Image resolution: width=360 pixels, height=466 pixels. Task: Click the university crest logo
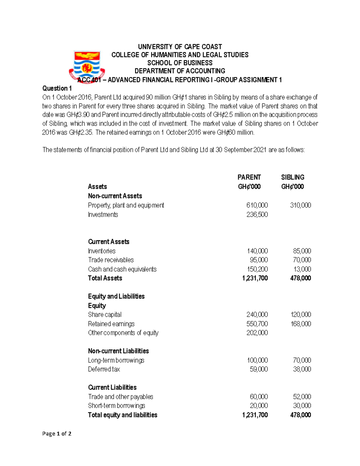coord(87,67)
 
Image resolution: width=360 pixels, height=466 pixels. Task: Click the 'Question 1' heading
coord(57,88)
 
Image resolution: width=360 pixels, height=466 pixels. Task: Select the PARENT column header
coord(249,177)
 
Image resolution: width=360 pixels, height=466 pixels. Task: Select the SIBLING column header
coord(292,177)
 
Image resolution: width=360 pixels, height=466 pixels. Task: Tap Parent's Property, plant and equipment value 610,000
coord(257,205)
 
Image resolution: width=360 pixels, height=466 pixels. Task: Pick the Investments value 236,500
coord(257,215)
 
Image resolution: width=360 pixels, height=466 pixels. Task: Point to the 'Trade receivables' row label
coord(111,260)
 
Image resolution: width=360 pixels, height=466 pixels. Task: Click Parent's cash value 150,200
coord(257,269)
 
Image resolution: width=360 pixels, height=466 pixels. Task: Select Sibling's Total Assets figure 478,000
coord(301,278)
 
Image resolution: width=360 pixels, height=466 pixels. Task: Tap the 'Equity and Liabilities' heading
coord(116,296)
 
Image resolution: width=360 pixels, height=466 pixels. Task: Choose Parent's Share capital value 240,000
coord(257,314)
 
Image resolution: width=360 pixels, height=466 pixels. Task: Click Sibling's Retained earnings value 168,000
coord(301,324)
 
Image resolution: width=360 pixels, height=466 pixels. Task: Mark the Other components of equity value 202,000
coord(257,333)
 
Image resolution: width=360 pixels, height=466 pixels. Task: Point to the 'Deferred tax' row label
coord(104,369)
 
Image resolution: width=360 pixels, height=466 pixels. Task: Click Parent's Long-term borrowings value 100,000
coord(257,360)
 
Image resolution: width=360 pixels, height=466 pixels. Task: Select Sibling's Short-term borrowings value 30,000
coord(302,406)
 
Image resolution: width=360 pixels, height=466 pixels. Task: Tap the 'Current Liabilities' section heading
coord(112,387)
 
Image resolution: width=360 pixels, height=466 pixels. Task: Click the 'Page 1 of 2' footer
coord(57,434)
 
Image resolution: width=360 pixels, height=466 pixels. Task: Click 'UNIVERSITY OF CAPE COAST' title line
coord(180,47)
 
